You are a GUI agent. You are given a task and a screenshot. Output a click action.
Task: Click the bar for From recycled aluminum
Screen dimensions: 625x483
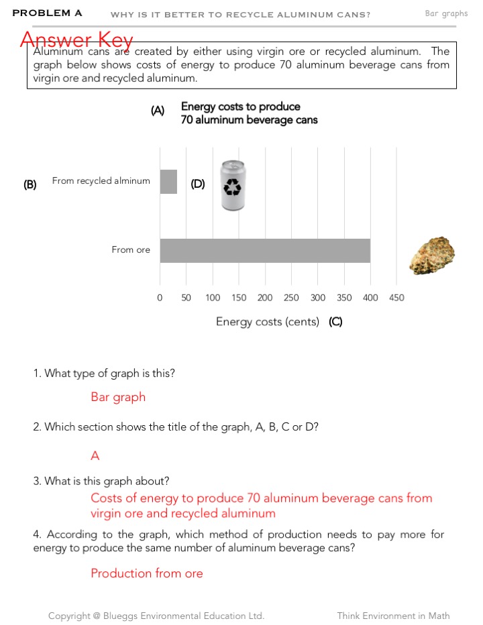click(x=168, y=182)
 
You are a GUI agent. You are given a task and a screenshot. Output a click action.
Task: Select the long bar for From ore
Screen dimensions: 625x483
click(x=265, y=250)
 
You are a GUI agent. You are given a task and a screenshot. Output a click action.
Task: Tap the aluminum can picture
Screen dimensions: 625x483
click(x=233, y=186)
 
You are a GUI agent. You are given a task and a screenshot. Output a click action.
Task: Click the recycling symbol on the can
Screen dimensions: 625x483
click(x=233, y=187)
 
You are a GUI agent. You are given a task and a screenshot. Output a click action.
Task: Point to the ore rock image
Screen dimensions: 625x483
click(x=432, y=255)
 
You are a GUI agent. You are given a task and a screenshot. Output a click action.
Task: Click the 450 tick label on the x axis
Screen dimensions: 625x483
click(x=396, y=298)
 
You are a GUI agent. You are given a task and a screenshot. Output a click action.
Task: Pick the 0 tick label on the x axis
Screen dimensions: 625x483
click(x=160, y=298)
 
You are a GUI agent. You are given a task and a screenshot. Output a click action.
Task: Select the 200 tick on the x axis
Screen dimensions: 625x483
click(x=265, y=298)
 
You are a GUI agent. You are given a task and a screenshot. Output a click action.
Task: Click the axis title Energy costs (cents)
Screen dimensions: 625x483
click(x=268, y=322)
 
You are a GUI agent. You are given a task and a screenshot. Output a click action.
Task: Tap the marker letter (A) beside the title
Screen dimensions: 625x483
click(x=158, y=111)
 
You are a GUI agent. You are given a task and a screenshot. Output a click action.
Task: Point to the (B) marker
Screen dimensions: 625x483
click(x=30, y=184)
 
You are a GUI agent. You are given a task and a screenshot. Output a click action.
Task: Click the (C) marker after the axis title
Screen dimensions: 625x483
click(x=335, y=322)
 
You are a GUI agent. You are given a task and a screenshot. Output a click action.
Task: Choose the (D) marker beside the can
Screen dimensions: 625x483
click(x=198, y=184)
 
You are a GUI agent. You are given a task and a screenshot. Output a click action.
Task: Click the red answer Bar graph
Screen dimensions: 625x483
click(x=118, y=397)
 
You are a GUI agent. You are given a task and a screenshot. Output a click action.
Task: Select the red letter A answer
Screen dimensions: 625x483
click(x=95, y=456)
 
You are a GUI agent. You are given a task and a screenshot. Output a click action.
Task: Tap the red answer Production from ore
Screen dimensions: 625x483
click(x=147, y=573)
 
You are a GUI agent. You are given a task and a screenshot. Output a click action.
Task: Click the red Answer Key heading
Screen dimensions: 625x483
click(x=76, y=40)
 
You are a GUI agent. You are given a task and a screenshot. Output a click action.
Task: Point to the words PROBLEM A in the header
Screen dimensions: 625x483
click(x=47, y=13)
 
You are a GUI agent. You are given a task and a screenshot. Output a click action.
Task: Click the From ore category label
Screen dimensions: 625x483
click(x=131, y=250)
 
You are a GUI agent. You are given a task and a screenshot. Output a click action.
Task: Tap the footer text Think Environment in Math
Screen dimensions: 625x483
click(x=393, y=616)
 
